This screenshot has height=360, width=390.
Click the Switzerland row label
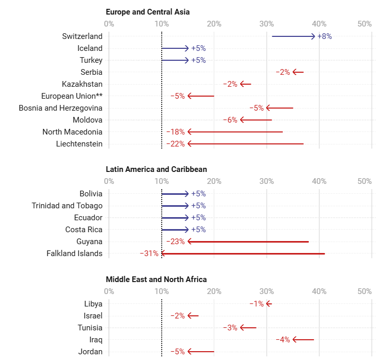point(82,36)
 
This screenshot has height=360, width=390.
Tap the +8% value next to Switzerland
point(324,36)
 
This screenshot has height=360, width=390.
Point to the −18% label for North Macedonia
point(176,132)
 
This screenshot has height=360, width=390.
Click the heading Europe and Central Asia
point(148,11)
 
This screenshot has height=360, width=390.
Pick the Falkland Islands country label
point(74,254)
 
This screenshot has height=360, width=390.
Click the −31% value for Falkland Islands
point(149,254)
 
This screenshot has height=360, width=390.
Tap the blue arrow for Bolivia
point(175,194)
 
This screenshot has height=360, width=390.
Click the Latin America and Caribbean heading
point(156,169)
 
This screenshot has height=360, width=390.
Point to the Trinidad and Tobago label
point(67,206)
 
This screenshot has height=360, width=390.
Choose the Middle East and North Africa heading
point(156,279)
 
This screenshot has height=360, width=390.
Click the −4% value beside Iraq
point(283,340)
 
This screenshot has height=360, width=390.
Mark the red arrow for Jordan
point(201,352)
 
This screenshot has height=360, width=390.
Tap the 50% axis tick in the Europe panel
point(365,23)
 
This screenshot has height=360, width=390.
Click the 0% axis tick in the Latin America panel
point(109,181)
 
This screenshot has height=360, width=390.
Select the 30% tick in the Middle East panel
point(267,291)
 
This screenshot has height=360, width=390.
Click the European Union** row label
point(72,96)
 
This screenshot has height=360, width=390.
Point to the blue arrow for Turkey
point(175,60)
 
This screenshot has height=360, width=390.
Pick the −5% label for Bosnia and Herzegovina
point(257,108)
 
